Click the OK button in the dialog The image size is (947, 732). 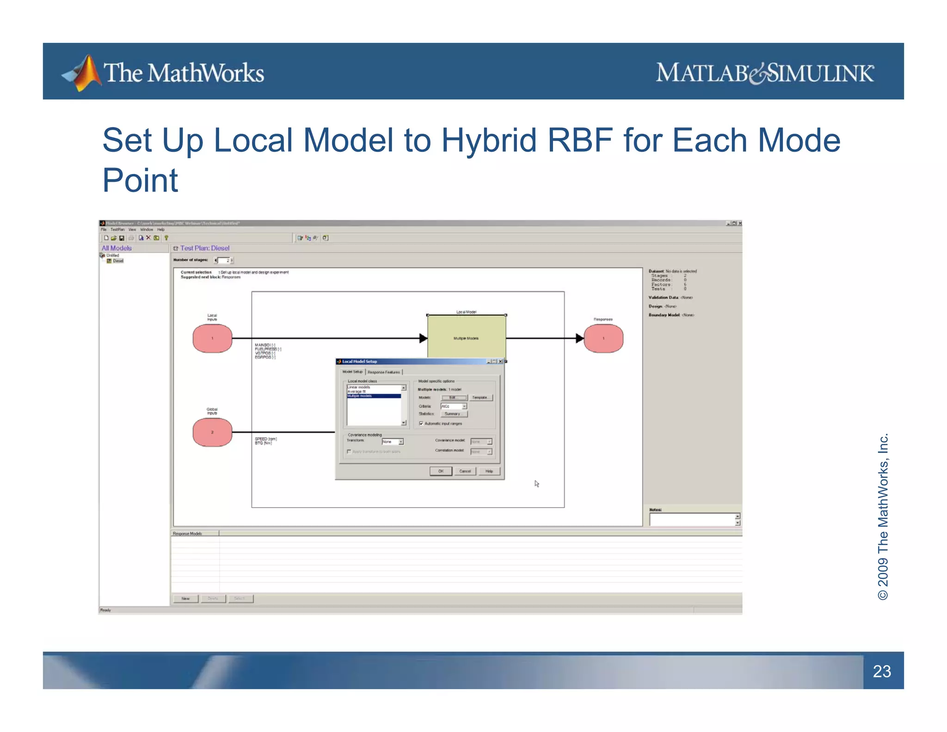[440, 471]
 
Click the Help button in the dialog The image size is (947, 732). [489, 471]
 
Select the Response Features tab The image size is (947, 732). [384, 372]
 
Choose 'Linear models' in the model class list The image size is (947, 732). [359, 387]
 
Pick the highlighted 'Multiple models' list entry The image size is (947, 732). [373, 396]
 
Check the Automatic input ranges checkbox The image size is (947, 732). [421, 423]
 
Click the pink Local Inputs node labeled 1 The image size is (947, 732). [212, 338]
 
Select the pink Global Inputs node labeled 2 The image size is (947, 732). [212, 432]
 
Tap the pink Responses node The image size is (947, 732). [603, 338]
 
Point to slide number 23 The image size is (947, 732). [882, 671]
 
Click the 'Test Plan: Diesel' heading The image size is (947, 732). [204, 248]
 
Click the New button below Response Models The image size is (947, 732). [185, 599]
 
